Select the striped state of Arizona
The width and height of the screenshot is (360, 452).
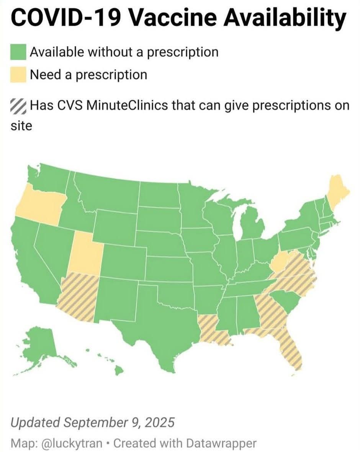pos(79,297)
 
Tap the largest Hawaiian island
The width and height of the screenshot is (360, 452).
pos(119,370)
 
